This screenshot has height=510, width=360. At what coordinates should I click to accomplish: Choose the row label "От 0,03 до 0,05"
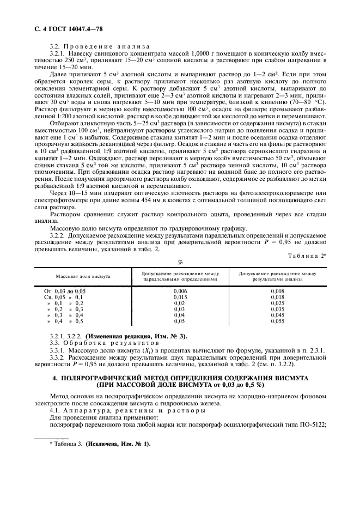65,292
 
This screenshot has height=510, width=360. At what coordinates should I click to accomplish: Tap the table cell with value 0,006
180,292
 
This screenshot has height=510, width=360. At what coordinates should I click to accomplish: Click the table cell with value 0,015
180,297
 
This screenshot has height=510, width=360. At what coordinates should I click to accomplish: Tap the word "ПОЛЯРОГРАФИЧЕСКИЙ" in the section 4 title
116,378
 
